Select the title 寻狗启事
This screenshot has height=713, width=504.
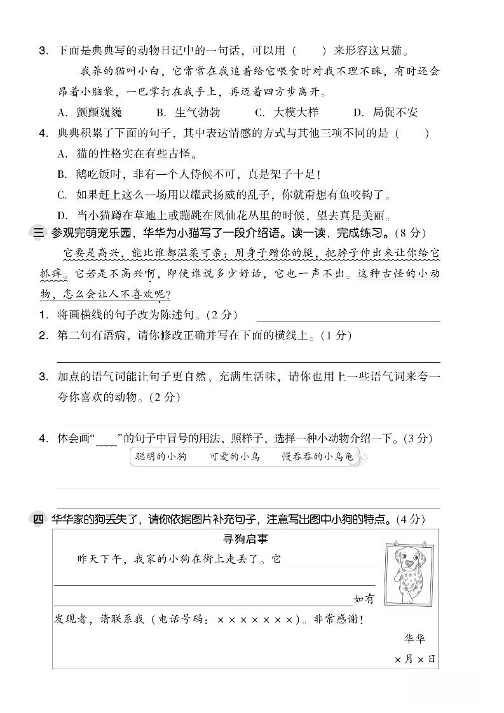[x=245, y=540]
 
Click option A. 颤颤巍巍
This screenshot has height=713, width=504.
[x=90, y=112]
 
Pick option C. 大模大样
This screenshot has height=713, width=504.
[x=287, y=112]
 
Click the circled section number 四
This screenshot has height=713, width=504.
[x=37, y=519]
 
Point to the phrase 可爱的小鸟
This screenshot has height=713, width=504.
[x=234, y=456]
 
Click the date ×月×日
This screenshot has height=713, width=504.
[x=414, y=660]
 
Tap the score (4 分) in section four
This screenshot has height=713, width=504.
[x=410, y=519]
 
